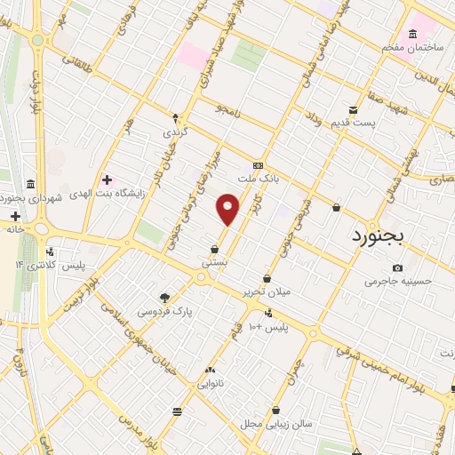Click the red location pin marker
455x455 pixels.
(228, 208)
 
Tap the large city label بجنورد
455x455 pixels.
(372, 235)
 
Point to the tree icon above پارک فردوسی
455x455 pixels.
(164, 297)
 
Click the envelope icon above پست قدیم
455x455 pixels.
(354, 110)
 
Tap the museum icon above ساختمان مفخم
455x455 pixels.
(412, 35)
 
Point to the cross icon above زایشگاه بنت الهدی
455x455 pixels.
(108, 180)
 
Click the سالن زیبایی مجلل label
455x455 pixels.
(275, 424)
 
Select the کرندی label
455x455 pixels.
(174, 131)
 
